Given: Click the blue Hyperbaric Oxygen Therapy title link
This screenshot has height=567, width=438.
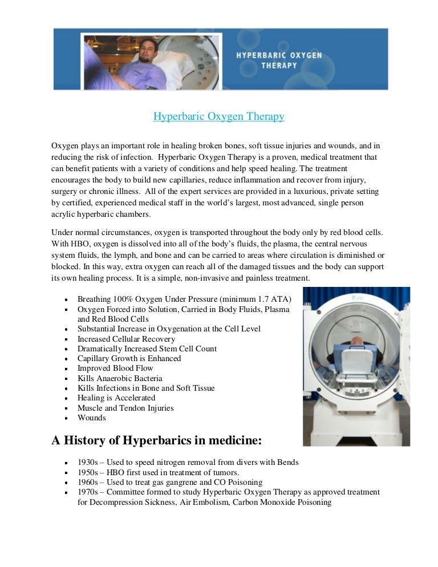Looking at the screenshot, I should click(218, 117).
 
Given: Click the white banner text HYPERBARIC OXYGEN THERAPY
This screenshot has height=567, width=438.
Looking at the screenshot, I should click(279, 60).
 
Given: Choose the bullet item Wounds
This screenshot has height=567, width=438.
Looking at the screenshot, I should click(92, 418).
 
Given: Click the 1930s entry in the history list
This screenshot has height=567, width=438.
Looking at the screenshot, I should click(188, 462).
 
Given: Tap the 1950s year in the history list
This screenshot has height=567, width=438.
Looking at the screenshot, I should click(88, 472).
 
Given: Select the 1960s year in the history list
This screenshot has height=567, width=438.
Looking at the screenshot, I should click(88, 482).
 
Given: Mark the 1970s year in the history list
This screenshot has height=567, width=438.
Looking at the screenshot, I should click(88, 492).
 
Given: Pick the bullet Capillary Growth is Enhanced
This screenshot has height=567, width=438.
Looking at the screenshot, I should click(129, 358).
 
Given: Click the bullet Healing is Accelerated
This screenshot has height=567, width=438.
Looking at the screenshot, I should click(116, 398).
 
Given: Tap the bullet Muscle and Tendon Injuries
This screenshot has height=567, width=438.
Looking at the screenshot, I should click(125, 408).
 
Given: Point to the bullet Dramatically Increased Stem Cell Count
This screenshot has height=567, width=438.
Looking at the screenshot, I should click(147, 349).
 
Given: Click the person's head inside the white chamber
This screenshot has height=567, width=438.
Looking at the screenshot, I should click(356, 341).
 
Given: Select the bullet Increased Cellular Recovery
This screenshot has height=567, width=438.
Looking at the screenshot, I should click(126, 339).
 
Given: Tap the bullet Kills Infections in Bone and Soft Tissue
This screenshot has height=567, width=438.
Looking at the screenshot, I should click(146, 388).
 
